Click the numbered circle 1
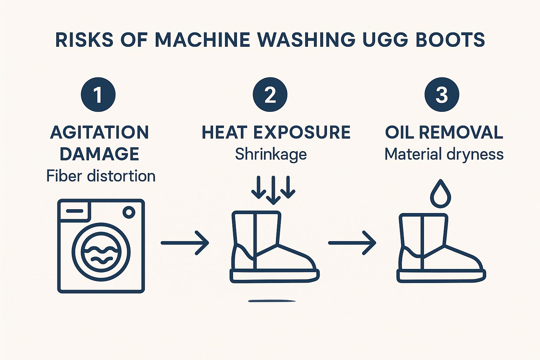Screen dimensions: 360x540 (98, 95)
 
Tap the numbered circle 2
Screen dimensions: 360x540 (270, 95)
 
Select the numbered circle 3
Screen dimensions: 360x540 (442, 95)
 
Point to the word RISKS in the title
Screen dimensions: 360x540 (84, 39)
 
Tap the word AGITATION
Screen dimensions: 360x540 (100, 133)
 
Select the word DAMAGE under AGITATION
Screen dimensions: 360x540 (99, 154)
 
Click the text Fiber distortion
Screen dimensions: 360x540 (101, 176)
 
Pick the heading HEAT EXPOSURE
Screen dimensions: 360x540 (276, 133)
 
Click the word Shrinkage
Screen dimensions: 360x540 (271, 154)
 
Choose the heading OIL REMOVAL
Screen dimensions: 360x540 (444, 133)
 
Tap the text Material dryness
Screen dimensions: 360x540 (444, 154)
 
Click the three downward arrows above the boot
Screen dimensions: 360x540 (273, 190)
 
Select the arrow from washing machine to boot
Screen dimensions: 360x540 (185, 243)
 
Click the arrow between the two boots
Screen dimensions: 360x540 (352, 243)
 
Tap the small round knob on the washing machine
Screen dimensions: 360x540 (129, 212)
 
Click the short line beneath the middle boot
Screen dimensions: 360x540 (272, 301)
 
